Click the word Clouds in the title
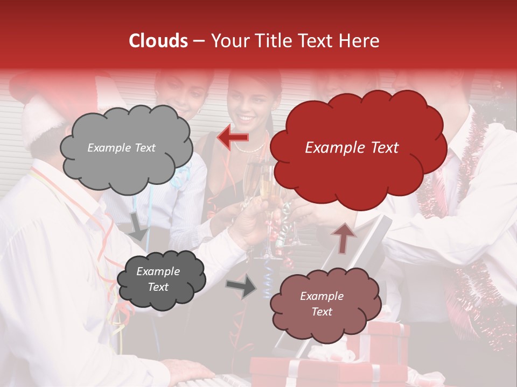[x=158, y=41]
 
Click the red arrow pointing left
[x=233, y=138]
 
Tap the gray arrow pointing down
[x=138, y=226]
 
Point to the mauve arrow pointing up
[x=344, y=237]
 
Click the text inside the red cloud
[x=352, y=148]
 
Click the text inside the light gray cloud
[x=121, y=148]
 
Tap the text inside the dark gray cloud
[x=158, y=279]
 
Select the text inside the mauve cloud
[x=322, y=304]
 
